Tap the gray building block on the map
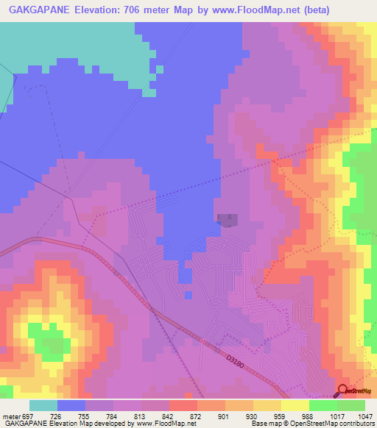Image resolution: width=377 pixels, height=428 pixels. tap(228, 220)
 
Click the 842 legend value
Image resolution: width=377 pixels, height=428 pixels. tap(171, 416)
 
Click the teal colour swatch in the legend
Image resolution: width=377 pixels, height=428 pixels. tap(43, 405)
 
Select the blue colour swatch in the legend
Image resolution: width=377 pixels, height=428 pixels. tap(71, 405)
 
